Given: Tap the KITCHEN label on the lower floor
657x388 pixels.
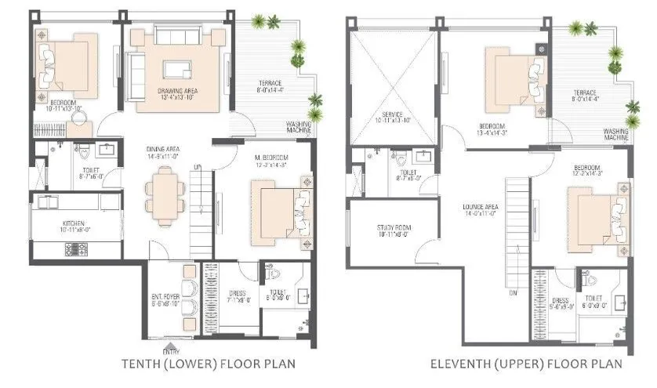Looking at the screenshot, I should click(73, 223).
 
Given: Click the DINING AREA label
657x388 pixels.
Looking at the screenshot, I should click(163, 149).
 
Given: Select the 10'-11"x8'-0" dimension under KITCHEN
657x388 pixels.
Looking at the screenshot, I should click(73, 231).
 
